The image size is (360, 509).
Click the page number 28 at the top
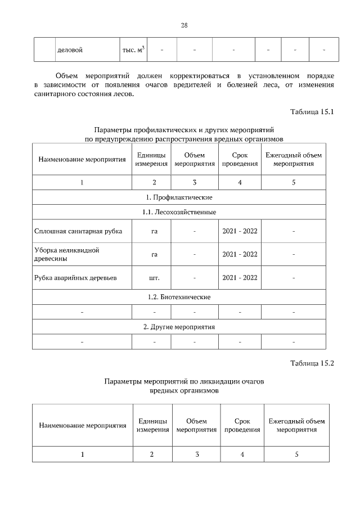coord(184,25)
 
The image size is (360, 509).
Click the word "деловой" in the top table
coord(70,50)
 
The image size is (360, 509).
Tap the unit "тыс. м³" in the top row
coord(133,50)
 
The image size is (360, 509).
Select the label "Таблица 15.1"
coord(312,111)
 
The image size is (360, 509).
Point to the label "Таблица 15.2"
coord(312,363)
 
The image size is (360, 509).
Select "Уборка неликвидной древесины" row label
coord(67,254)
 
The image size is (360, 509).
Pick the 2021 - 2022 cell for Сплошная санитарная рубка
coord(240,231)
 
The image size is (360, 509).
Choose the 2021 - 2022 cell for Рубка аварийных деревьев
coord(240,277)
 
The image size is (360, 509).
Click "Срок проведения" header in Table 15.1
coord(240,159)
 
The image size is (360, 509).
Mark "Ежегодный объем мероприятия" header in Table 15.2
coord(296,425)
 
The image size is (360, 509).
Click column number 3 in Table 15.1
coord(195,182)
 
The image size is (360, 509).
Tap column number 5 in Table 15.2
coord(296,454)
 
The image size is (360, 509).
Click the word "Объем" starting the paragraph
coord(67,75)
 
